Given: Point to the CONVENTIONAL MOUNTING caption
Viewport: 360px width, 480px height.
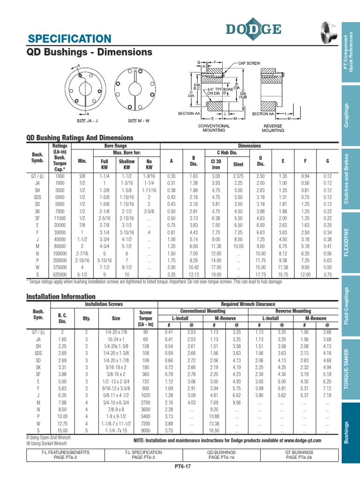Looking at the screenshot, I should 214,128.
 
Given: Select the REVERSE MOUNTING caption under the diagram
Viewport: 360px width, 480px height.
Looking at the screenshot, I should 273,128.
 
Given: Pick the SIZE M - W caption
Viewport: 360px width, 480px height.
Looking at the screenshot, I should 139,120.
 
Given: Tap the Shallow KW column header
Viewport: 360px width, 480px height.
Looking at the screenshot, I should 127,164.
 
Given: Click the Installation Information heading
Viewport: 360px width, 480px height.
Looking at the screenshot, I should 61,297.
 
